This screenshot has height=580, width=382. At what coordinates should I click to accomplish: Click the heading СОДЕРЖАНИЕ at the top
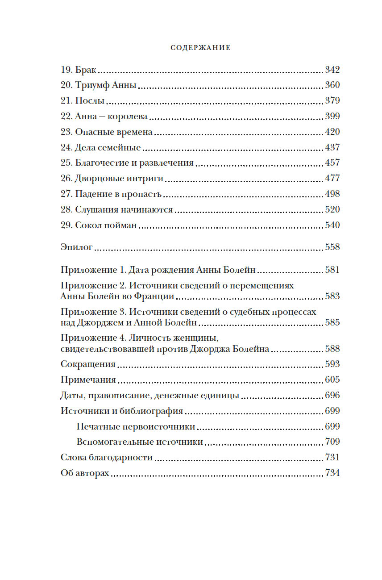click(201, 48)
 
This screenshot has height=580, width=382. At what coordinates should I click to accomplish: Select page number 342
click(332, 70)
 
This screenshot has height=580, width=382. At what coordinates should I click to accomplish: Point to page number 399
click(332, 116)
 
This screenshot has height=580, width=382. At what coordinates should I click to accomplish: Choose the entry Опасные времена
click(114, 132)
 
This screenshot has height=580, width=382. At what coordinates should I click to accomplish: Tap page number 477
click(332, 178)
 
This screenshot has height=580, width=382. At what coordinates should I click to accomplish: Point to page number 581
click(332, 270)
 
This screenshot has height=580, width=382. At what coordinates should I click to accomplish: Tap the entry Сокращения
click(88, 364)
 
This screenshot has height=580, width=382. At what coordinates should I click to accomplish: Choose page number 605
click(332, 380)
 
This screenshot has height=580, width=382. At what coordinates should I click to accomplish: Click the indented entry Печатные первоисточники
click(136, 426)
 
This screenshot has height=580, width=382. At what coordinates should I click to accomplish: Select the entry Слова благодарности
click(106, 457)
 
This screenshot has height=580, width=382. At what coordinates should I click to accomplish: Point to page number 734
click(332, 473)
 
